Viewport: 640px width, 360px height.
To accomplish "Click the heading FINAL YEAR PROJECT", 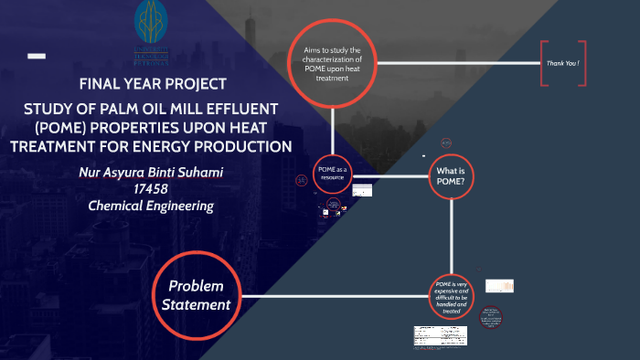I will (153, 85).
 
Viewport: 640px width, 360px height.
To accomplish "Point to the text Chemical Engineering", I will (151, 206).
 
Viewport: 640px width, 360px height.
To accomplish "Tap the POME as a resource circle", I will (332, 174).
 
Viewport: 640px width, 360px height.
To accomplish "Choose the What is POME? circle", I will (454, 175).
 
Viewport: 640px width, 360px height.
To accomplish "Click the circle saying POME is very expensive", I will (454, 298).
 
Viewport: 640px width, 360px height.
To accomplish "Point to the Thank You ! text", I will (563, 63).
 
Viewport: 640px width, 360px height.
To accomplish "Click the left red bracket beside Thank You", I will (543, 63).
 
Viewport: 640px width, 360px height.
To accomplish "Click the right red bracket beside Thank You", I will (584, 63).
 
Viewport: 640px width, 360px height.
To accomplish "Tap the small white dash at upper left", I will (37, 56).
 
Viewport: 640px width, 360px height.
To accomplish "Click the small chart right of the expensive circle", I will (499, 286).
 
